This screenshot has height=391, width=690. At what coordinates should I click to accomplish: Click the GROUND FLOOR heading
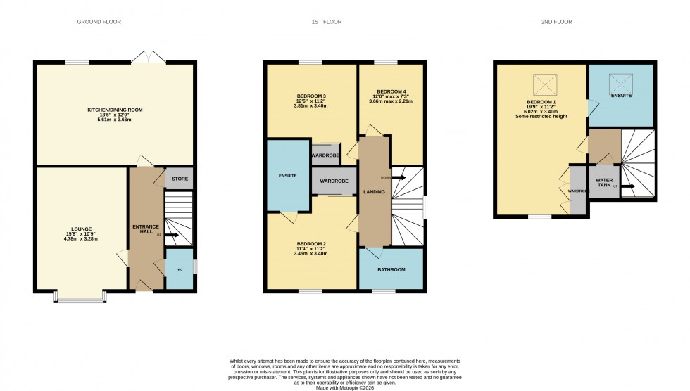[x=99, y=22]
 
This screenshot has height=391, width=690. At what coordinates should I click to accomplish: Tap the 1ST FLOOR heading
[x=326, y=22]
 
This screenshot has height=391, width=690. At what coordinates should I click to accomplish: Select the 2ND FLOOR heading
[x=556, y=22]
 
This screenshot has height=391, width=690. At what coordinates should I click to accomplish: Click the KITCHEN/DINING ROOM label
[x=115, y=110]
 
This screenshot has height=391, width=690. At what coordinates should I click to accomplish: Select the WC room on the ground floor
[x=179, y=269]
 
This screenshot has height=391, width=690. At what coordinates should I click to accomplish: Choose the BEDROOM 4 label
[x=391, y=91]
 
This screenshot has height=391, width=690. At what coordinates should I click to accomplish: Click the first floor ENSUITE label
[x=287, y=175]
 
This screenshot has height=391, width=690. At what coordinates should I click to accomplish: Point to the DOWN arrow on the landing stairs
[x=399, y=177]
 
